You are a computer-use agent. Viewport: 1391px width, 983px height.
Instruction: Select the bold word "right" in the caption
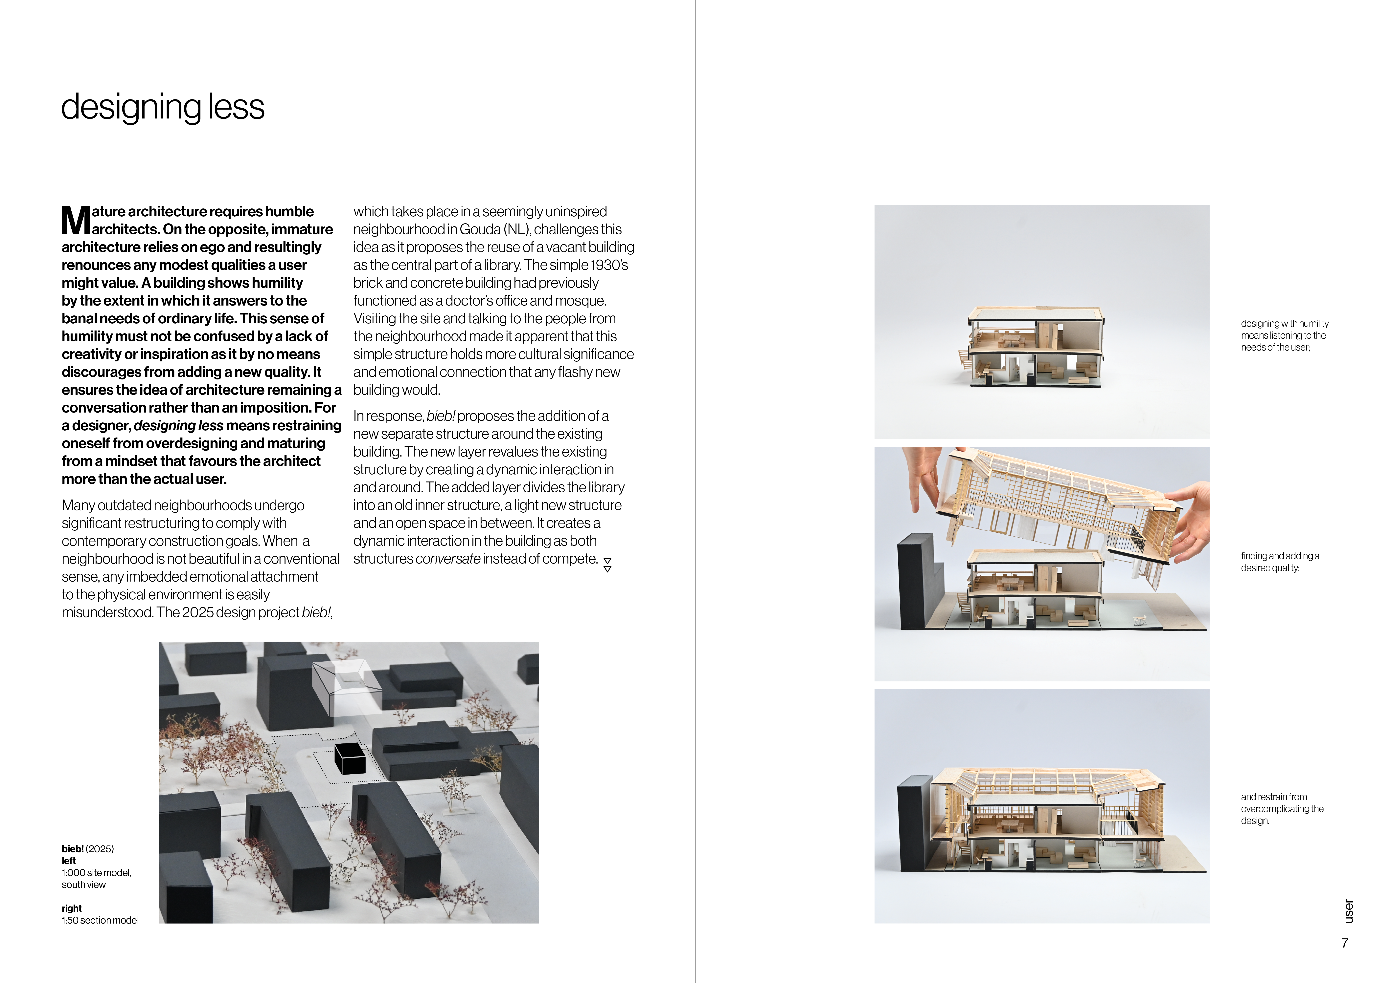click(72, 908)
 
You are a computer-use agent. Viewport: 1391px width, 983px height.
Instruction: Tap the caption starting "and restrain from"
click(1281, 809)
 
